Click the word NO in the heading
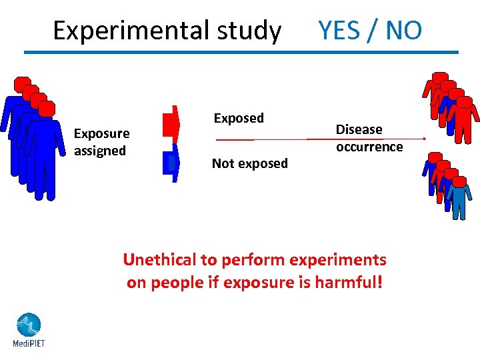pos(403,30)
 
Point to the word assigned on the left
pos(100,151)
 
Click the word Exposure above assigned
pos(101,133)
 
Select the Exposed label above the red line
pos(239,118)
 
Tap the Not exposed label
pos(249,163)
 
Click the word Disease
pos(359,129)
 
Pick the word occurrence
pos(369,147)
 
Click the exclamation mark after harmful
pos(380,282)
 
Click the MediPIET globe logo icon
pos(28,325)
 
